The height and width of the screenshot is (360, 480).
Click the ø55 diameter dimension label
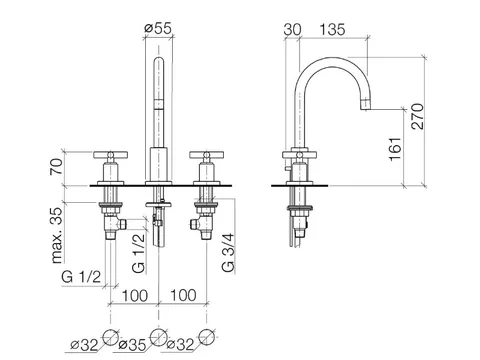point(158,28)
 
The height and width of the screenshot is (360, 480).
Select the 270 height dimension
point(417,116)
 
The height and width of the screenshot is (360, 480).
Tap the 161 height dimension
point(396,149)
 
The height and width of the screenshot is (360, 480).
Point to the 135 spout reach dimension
point(332,30)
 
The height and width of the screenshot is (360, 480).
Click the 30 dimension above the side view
point(292,30)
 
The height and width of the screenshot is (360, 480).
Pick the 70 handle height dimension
point(56,166)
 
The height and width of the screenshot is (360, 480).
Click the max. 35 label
point(57,235)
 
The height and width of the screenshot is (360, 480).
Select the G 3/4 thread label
point(228,253)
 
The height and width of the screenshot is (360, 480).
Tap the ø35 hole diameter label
point(132,345)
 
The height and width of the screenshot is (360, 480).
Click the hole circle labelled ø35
point(158,337)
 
